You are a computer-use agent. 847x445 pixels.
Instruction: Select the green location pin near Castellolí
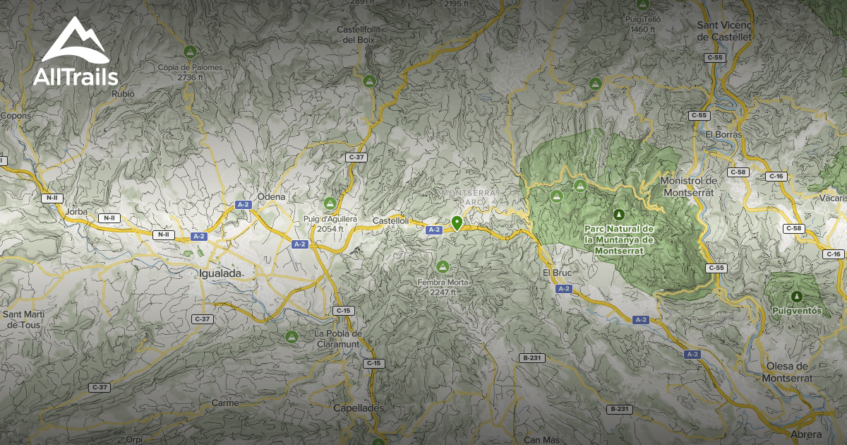point(457,223)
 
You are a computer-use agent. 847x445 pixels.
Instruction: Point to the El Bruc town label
point(555,273)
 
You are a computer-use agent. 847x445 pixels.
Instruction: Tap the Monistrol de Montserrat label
point(688,186)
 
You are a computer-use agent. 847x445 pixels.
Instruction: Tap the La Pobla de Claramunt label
point(338,338)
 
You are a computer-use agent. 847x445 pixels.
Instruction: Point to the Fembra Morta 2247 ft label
point(443,287)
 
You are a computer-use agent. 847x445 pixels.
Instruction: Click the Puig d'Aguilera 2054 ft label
point(328,224)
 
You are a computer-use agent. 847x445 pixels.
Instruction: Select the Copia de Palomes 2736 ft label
point(190,72)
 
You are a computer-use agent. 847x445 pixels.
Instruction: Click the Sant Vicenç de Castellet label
point(725,30)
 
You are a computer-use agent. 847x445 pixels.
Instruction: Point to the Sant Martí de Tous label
point(23,319)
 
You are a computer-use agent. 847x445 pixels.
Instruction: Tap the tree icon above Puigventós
point(797,297)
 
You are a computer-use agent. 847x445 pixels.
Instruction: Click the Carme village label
point(224,403)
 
